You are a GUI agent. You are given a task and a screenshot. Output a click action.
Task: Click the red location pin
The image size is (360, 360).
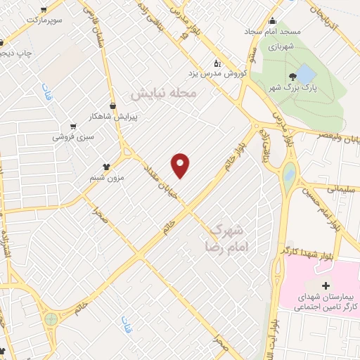(x=181, y=165)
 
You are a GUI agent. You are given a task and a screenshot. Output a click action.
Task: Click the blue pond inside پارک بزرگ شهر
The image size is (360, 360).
(x=307, y=72)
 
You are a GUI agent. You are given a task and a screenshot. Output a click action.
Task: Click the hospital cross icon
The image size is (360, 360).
(x=325, y=285)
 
